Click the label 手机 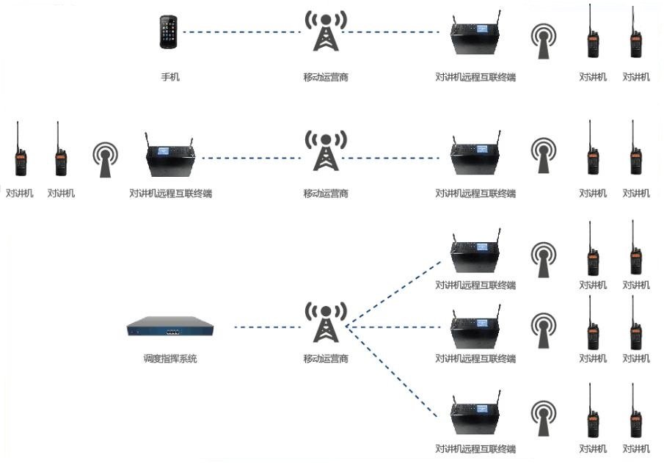(x=170, y=76)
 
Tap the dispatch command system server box (x=169, y=327)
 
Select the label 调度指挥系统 (x=170, y=359)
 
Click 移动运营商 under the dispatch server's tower (x=326, y=359)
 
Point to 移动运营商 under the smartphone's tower (x=326, y=76)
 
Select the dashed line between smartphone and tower (x=242, y=32)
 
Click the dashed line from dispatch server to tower (x=267, y=327)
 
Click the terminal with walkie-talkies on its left (x=170, y=158)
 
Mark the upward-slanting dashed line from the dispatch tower (x=396, y=292)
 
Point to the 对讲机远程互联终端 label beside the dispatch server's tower (x=475, y=359)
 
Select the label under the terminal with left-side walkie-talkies (x=170, y=194)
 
